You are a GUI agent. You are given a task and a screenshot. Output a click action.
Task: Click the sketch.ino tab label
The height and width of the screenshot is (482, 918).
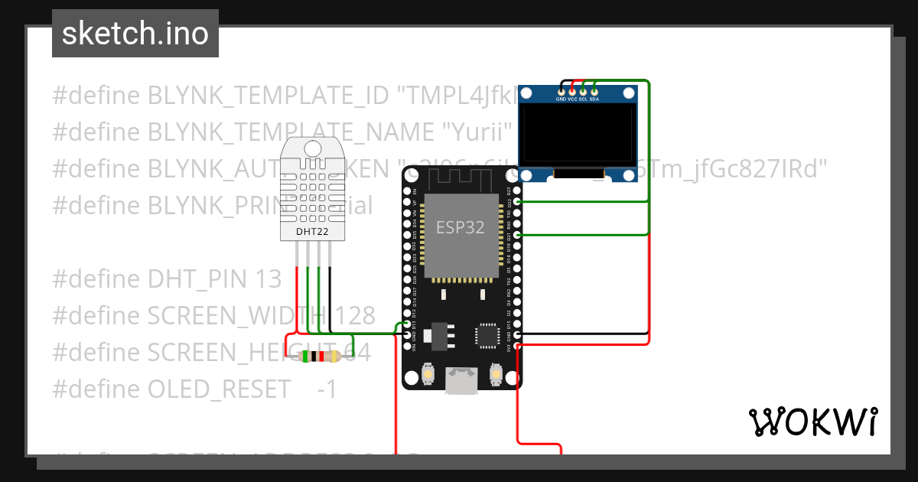point(135,34)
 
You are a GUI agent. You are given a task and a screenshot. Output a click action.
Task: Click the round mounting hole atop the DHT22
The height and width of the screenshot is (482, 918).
point(312,147)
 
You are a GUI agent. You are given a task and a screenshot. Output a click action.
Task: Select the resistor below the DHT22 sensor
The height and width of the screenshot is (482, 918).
point(320,357)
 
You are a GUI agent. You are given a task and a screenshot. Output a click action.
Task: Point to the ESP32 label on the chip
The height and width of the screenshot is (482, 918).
point(460,227)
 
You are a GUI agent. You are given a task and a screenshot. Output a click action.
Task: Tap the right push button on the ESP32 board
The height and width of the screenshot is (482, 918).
point(495,374)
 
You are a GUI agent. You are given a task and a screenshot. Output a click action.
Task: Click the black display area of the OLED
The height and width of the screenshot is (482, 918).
point(578,135)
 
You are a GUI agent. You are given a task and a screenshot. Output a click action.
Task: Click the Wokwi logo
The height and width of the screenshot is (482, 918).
point(812,422)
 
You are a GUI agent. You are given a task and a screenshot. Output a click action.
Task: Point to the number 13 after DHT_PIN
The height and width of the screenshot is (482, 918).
point(268,279)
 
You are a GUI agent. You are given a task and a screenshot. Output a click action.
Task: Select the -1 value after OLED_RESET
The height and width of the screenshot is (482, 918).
point(327,389)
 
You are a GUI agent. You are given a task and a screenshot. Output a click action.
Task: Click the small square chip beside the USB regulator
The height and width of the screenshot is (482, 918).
point(487,335)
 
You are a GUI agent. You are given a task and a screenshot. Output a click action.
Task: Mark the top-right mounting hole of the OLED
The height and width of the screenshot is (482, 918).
point(629,93)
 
